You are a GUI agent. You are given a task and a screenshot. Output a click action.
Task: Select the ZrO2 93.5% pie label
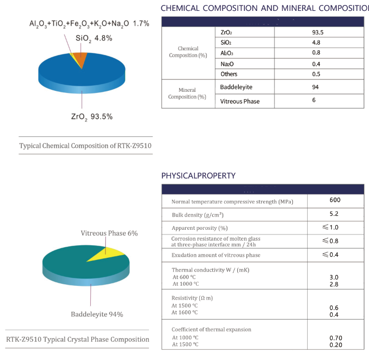pos(91,117)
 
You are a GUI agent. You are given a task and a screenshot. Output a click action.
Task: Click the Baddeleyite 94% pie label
pos(97,314)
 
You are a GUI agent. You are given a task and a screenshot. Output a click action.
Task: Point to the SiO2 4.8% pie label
pos(94,38)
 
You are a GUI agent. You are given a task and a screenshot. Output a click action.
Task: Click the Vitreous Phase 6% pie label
pos(109,233)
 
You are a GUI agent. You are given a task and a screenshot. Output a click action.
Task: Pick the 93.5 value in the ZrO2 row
pos(318,32)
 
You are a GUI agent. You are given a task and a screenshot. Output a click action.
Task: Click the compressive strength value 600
pos(335,200)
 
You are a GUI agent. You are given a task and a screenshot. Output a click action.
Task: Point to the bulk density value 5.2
pos(335,214)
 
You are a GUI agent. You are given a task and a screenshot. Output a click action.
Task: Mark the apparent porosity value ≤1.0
pos(331,227)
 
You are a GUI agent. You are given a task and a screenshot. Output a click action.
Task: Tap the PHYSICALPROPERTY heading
pos(198,176)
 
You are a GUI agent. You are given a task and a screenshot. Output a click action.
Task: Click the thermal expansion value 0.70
pos(336,338)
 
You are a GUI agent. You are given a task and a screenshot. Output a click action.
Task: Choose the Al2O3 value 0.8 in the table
pos(316,52)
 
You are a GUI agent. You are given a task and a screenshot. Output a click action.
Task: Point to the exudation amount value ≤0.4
pos(331,254)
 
